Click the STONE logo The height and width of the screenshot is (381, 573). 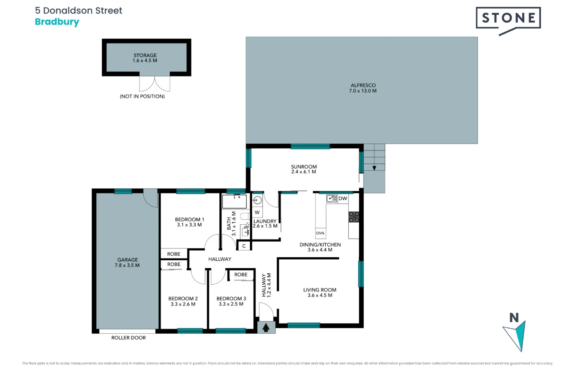click(x=508, y=20)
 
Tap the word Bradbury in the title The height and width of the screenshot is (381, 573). click(x=57, y=22)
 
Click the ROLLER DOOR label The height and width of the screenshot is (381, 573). click(x=128, y=337)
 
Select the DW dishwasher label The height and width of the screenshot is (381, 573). click(x=343, y=199)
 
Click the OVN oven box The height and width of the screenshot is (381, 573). click(x=320, y=233)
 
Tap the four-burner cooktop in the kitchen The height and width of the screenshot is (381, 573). click(x=354, y=217)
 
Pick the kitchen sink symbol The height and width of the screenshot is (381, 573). click(x=332, y=199)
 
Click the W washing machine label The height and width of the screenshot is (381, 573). click(x=257, y=212)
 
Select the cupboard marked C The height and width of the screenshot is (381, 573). click(x=244, y=246)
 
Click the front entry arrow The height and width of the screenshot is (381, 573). click(x=266, y=327)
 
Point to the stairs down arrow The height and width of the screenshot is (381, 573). click(x=374, y=168)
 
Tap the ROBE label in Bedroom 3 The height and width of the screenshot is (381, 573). click(x=241, y=275)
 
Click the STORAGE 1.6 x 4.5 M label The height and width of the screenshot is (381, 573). click(x=145, y=58)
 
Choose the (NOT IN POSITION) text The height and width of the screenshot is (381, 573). click(x=142, y=96)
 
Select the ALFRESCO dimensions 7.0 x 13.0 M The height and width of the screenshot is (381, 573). click(x=363, y=91)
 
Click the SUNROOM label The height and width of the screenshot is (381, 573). click(x=304, y=166)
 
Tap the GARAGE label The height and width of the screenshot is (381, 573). click(x=127, y=259)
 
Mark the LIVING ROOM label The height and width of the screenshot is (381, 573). click(x=320, y=290)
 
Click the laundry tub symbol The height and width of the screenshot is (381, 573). click(x=257, y=201)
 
